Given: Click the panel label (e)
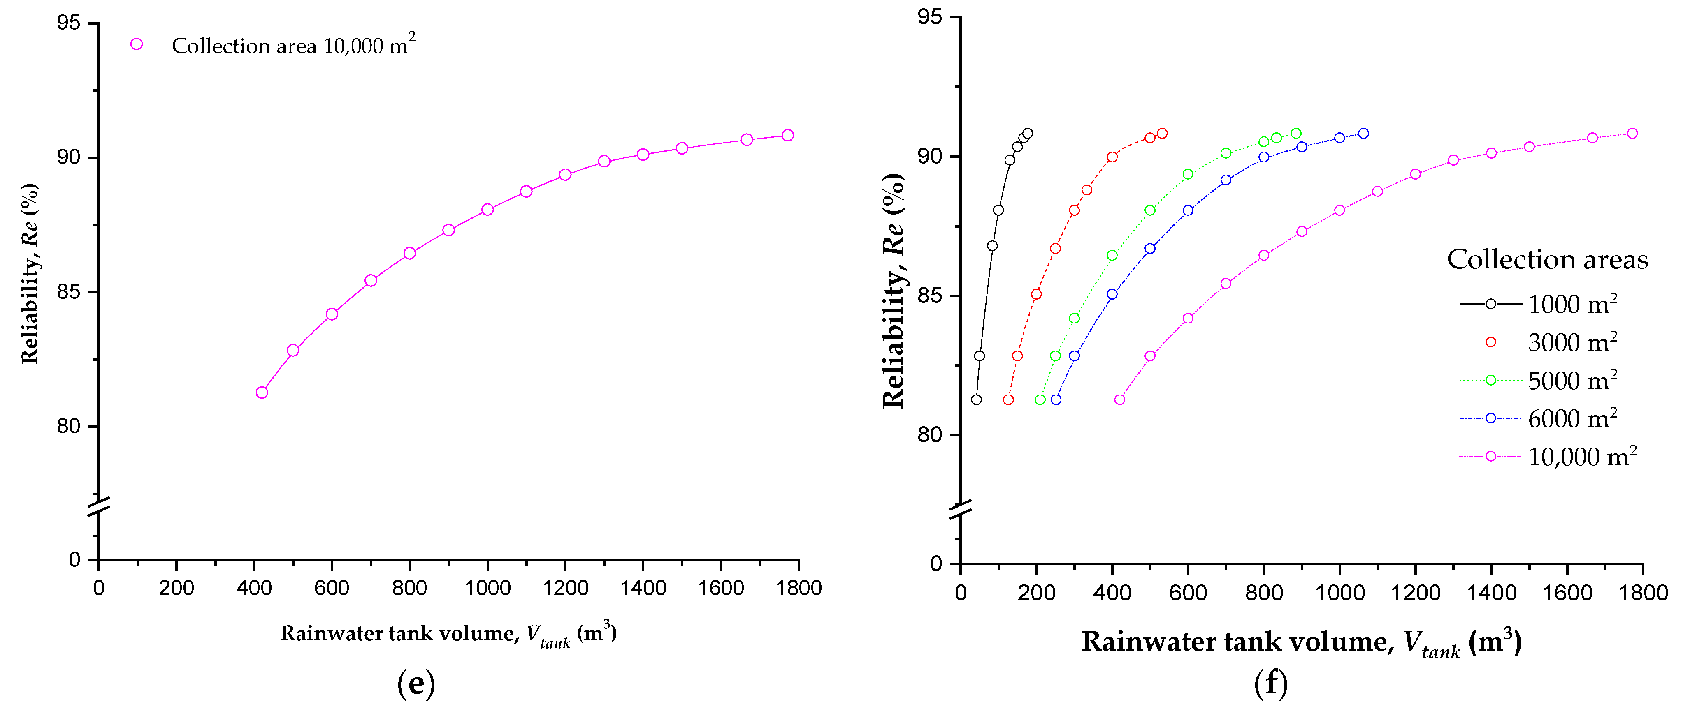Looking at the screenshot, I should coord(416,683).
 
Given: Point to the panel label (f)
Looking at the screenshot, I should coord(1271,683).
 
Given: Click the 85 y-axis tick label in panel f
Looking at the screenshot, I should coord(929,296).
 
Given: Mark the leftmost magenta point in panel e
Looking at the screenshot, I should coord(262,392).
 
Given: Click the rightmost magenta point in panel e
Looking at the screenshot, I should coord(788,135).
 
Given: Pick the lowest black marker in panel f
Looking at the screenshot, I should coord(976,399).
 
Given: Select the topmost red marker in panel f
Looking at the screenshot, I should coord(1162,133).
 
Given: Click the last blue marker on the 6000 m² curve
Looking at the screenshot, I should coord(1363,133).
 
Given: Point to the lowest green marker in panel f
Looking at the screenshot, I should coord(1040,399).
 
